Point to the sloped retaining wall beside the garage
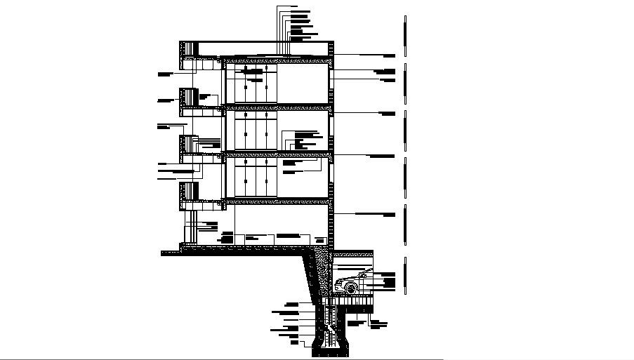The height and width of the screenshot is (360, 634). pos(312,281)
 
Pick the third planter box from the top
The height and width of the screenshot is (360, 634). pos(187,144)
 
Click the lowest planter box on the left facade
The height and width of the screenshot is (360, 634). pos(187,191)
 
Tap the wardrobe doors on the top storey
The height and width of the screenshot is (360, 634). pos(256,85)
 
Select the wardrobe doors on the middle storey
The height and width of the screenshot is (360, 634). pos(256,132)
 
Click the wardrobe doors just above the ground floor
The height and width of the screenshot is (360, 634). pos(256,178)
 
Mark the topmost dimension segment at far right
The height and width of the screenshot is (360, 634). pos(404,36)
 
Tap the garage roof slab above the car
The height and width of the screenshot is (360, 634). pos(352,253)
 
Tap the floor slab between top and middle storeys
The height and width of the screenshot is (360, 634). pos(277,107)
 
